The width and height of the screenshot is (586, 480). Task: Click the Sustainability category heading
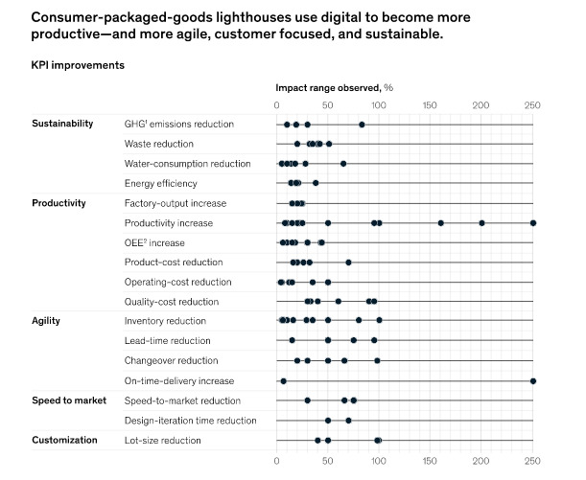click(62, 124)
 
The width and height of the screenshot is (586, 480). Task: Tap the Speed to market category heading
click(68, 400)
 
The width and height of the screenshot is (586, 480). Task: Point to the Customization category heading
click(64, 440)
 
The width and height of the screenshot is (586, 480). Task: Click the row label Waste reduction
click(158, 144)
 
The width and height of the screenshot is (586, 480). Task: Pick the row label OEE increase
click(154, 242)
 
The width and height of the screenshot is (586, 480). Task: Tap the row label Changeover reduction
click(171, 360)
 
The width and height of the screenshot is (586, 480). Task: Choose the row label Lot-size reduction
click(162, 440)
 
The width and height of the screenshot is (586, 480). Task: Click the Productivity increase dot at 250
click(532, 222)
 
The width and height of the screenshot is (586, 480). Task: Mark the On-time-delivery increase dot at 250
click(532, 380)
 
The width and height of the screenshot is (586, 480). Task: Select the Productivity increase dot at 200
click(481, 222)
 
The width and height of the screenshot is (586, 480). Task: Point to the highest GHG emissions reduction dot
click(362, 124)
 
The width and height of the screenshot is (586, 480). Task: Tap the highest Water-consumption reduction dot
click(343, 163)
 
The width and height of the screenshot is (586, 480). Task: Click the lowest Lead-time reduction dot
click(292, 340)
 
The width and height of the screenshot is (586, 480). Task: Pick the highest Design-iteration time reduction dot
click(348, 420)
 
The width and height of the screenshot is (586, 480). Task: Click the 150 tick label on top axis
click(430, 104)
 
